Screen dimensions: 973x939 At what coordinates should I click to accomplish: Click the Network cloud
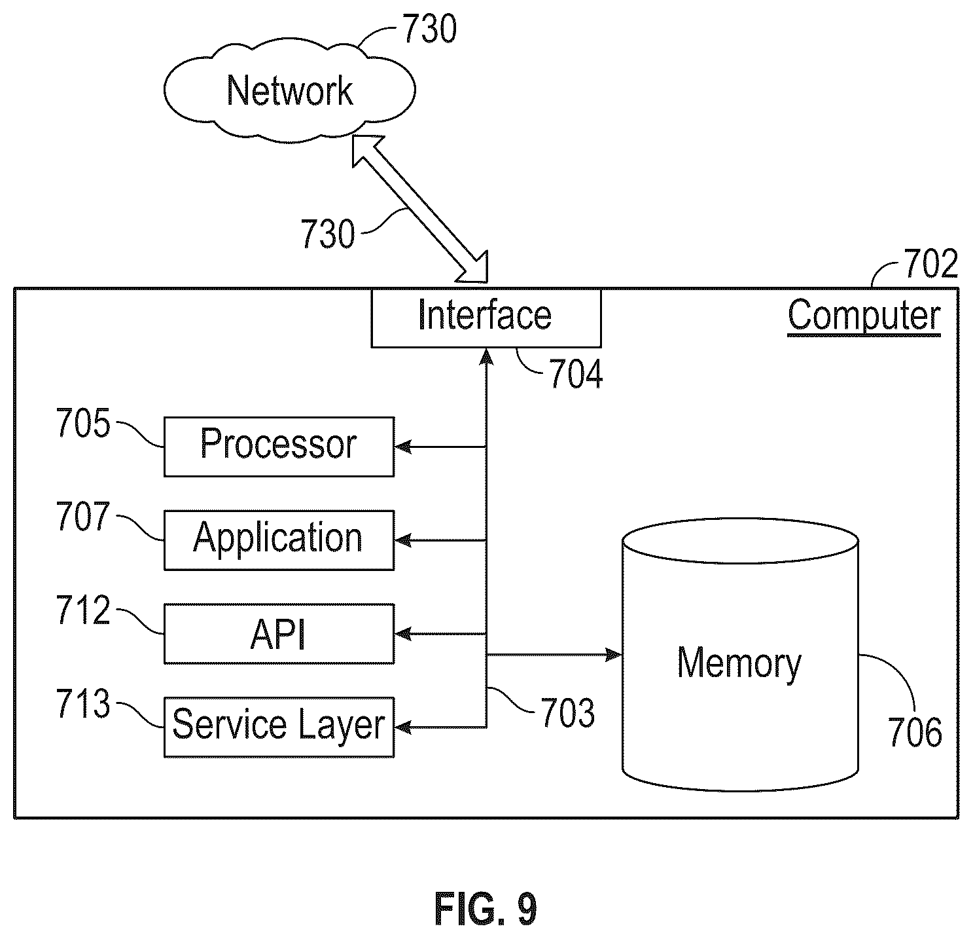pos(289,90)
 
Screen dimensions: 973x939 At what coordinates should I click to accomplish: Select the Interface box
pos(486,318)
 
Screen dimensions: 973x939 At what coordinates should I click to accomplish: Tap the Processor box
pos(279,447)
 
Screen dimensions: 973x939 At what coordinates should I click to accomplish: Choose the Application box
pos(279,540)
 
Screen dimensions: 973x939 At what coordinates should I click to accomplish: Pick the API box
pos(279,634)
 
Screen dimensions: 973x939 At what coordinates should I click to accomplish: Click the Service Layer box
pos(279,727)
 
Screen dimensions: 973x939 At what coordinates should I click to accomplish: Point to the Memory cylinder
pos(741,655)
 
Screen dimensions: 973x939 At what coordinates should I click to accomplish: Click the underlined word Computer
pos(864,316)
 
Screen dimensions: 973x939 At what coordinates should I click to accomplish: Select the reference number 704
pos(576,374)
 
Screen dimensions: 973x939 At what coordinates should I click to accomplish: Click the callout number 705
pos(83,423)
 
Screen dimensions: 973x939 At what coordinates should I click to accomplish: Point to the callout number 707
pos(83,516)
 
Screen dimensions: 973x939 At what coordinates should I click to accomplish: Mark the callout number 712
pos(83,610)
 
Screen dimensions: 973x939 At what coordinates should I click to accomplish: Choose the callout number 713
pos(83,703)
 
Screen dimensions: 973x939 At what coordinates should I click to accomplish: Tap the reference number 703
pos(568,713)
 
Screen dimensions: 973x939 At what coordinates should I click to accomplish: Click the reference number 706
pos(915,732)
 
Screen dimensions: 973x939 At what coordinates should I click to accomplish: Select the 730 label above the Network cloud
pos(429,29)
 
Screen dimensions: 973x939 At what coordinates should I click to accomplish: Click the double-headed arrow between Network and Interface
pos(420,209)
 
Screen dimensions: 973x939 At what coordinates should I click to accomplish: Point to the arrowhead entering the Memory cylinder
pos(614,654)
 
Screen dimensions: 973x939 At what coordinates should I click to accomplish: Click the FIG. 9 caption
pos(486,909)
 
